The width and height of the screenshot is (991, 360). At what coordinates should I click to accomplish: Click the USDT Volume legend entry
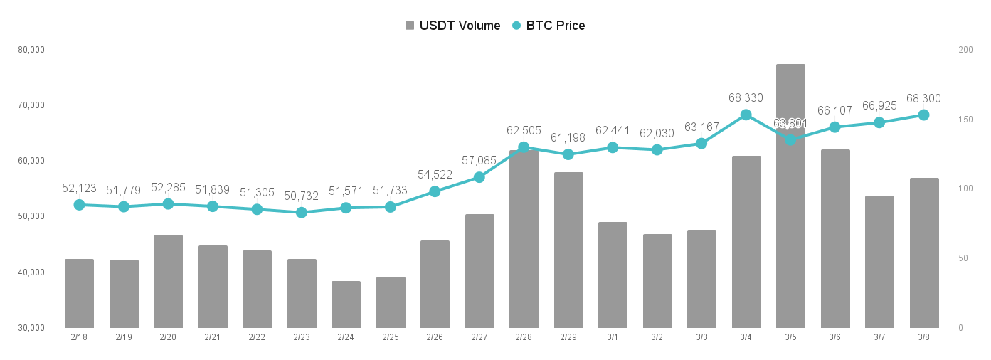pos(452,26)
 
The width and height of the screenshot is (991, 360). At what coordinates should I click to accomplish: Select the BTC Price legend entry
pos(549,26)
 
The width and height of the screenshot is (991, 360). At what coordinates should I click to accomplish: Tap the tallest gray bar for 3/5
pos(790,196)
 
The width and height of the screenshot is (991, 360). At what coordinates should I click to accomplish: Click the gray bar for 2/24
pos(346,305)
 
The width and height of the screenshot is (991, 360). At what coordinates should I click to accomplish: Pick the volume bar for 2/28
pos(524,239)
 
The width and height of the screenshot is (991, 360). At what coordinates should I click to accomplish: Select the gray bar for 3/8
pos(924,253)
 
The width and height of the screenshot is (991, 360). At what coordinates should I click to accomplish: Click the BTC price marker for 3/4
pos(746,115)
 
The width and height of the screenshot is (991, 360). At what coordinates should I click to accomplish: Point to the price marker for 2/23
pos(301,213)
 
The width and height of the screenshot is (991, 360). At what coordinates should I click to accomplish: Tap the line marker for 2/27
pos(479,177)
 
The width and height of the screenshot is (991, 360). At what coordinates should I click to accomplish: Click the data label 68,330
pos(746,97)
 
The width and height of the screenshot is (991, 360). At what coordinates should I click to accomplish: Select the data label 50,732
pos(301,196)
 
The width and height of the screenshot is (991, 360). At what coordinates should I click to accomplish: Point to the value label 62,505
pos(524,130)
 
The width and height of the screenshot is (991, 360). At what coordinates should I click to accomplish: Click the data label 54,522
pos(435,175)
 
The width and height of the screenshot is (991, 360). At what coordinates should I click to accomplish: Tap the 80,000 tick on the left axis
pos(31,50)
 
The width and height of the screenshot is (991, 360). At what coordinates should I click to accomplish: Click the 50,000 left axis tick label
pos(31,216)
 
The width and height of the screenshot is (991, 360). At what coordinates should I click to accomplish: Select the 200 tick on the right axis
pos(966,50)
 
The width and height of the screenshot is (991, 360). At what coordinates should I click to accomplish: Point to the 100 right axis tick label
pos(966,189)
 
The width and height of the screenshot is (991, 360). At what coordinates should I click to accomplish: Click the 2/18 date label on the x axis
pos(79,337)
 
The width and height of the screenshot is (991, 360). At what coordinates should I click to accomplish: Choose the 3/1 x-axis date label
pos(613,337)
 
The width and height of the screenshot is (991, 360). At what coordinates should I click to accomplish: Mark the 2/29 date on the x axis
pos(568,337)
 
